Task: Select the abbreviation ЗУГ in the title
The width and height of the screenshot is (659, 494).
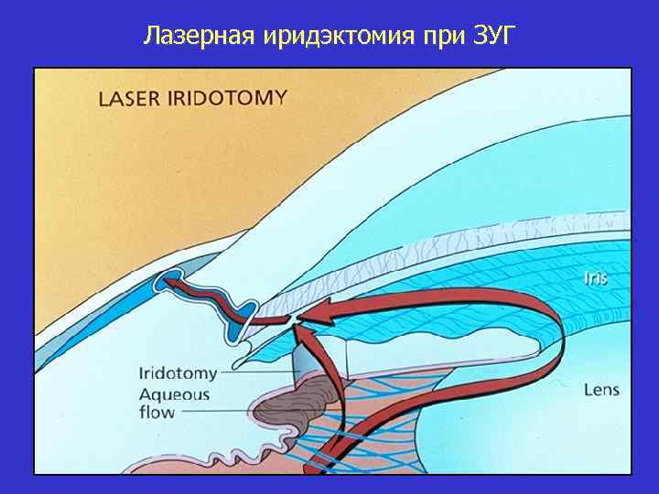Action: coord(494,38)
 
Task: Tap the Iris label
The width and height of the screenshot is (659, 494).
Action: coord(595,277)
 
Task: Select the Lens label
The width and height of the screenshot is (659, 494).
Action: coord(601,390)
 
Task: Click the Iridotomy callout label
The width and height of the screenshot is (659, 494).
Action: coord(178,372)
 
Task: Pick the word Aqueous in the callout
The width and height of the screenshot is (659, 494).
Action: coord(174,395)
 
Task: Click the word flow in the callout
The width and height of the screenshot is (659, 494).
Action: coord(157,413)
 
